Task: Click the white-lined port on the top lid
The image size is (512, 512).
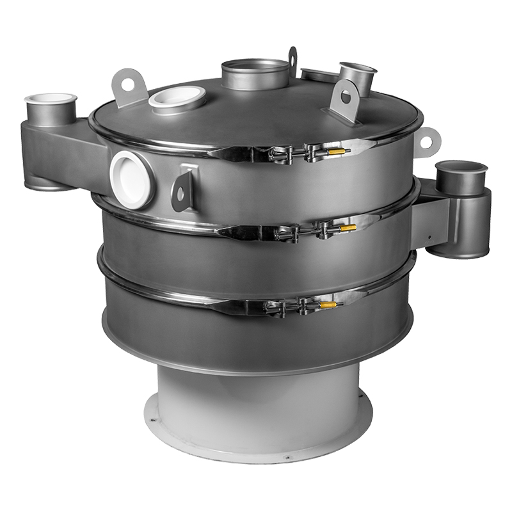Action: tap(177, 99)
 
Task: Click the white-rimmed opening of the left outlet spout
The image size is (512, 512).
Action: tap(51, 99)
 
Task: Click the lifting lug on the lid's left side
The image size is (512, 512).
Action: tap(127, 85)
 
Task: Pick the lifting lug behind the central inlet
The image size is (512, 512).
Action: tap(292, 59)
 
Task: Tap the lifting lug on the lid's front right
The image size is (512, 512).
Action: tap(346, 100)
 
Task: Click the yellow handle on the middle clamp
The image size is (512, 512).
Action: tap(348, 227)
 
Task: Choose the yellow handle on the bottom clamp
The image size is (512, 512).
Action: tap(328, 305)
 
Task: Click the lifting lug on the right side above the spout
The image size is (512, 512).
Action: tap(427, 137)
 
